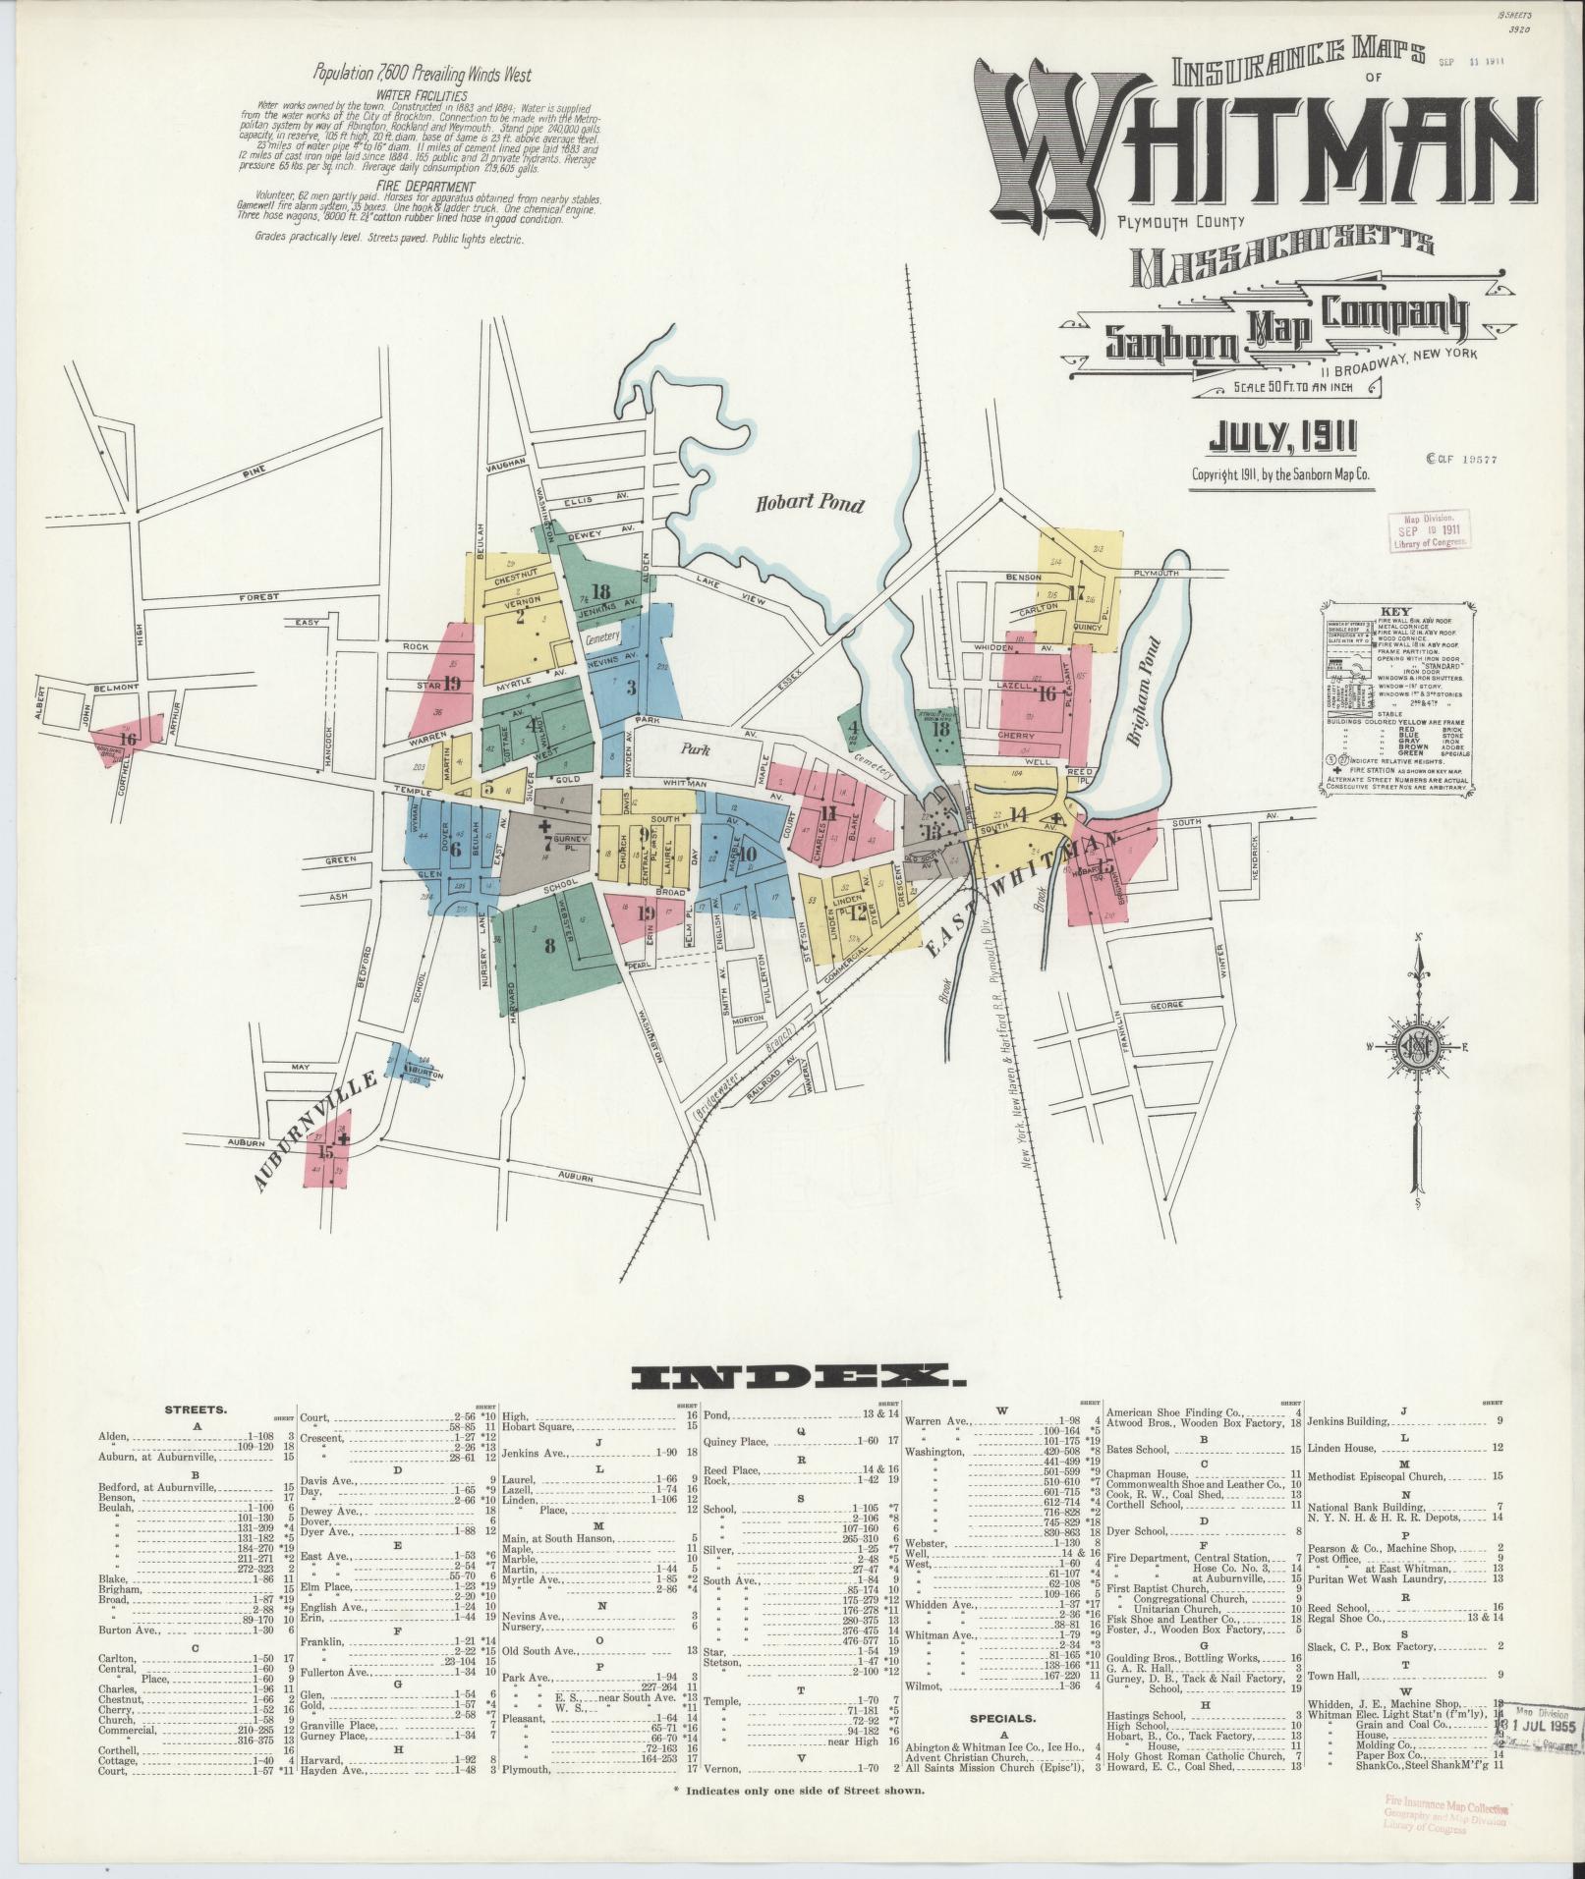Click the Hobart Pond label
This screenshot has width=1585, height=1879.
point(809,505)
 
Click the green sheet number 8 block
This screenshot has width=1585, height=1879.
point(549,946)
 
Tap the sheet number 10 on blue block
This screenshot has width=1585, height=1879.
point(747,853)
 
